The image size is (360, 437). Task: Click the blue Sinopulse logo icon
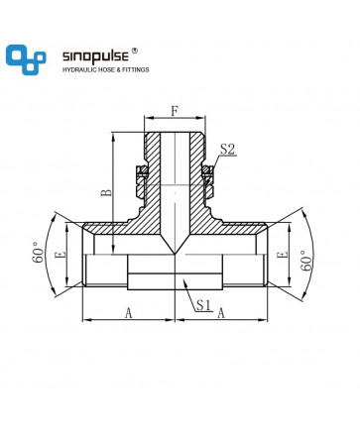tap(26, 59)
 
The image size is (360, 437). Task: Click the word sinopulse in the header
tap(95, 56)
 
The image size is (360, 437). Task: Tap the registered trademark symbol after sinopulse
tap(135, 51)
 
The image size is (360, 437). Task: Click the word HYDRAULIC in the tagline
tap(78, 69)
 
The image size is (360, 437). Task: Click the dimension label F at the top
tap(175, 112)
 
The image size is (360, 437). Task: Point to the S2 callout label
tap(227, 150)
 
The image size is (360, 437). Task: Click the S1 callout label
tap(203, 305)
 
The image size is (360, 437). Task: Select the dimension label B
tap(106, 192)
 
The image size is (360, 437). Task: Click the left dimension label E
tap(61, 255)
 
